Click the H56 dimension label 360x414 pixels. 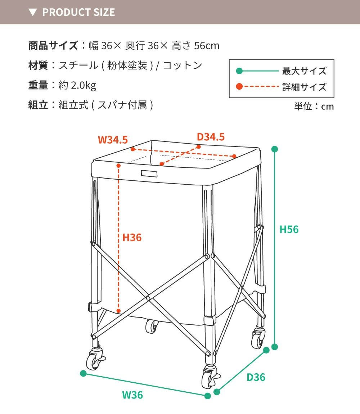coord(289,229)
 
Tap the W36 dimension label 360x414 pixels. coord(132,395)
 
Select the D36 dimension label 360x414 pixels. coord(256,377)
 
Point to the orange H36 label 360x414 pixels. coord(132,238)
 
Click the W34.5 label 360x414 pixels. coord(113,140)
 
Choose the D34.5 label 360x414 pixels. coord(211,137)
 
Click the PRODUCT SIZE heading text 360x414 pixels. coord(79,12)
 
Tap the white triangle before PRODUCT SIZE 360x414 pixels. coord(33,12)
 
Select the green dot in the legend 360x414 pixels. coord(239,71)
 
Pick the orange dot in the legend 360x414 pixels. coord(239,86)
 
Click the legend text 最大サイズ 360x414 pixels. coord(304,71)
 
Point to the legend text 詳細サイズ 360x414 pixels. coord(304,87)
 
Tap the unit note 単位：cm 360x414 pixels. coord(314,107)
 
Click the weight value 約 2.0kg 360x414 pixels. coord(77,85)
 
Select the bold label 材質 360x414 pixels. coord(38,65)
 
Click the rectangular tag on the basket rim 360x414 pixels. coord(149,174)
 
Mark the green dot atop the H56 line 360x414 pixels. coord(275,149)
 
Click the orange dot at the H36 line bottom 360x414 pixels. coord(118,311)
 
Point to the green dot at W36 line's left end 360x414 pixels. coord(84,373)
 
